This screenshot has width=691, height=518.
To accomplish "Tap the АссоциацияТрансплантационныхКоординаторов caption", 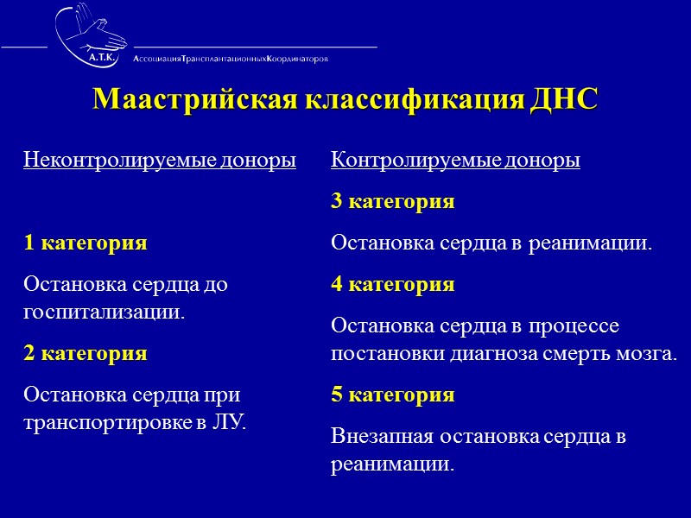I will (x=231, y=59).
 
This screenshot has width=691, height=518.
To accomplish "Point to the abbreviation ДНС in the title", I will (x=563, y=99).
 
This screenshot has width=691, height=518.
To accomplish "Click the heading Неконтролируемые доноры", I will (x=160, y=161).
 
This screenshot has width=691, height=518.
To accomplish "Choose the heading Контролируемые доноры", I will (x=456, y=161).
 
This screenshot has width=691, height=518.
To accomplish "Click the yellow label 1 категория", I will (x=86, y=243).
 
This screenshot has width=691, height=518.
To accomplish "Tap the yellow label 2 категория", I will (x=86, y=353).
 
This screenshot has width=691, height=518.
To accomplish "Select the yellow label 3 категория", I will (x=393, y=202).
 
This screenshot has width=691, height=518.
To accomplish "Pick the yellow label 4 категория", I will (x=393, y=285).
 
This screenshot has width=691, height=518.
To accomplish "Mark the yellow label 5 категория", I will (x=393, y=395).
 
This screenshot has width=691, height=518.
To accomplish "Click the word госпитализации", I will (x=105, y=312).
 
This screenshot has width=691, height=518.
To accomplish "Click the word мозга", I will (x=648, y=354).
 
